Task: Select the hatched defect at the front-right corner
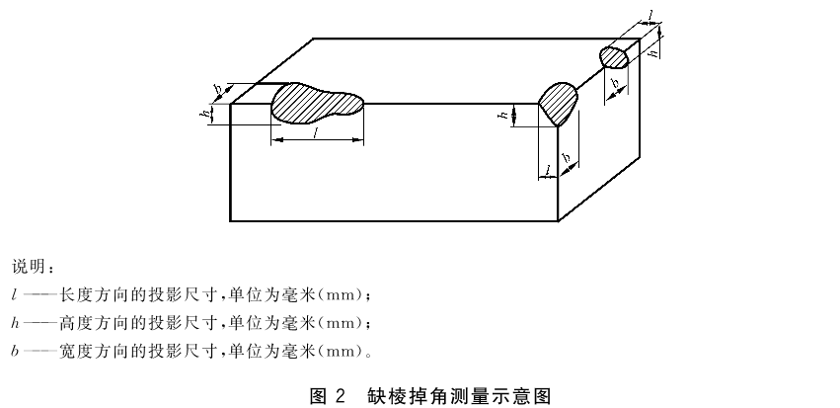click(x=558, y=104)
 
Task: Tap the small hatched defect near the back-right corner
click(x=614, y=57)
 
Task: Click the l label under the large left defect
click(x=317, y=133)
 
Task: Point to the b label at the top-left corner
click(x=218, y=92)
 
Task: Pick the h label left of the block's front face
click(x=204, y=115)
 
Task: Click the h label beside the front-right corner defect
click(x=504, y=115)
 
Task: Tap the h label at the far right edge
click(x=653, y=52)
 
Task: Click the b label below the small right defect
click(x=616, y=83)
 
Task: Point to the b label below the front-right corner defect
click(x=567, y=158)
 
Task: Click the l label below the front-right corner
click(x=548, y=170)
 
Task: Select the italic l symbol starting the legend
click(x=14, y=294)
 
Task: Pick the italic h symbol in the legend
click(x=15, y=323)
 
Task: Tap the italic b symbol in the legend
click(x=15, y=351)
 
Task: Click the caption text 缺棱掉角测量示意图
click(x=460, y=396)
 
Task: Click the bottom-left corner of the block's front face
click(x=230, y=220)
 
